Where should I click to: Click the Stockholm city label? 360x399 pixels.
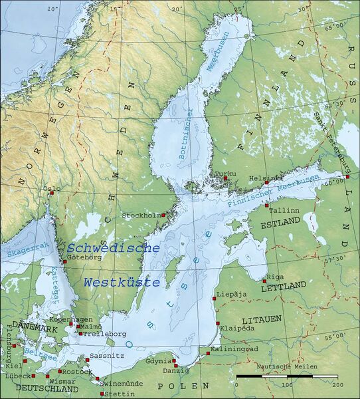point(141,215)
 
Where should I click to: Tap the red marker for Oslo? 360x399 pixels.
point(51,194)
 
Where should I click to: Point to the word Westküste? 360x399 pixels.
point(122,282)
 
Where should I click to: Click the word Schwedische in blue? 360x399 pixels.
point(114,247)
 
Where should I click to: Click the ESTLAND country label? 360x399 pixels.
point(280,225)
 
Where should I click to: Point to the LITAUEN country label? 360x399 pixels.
point(262,319)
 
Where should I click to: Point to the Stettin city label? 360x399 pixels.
point(118,394)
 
